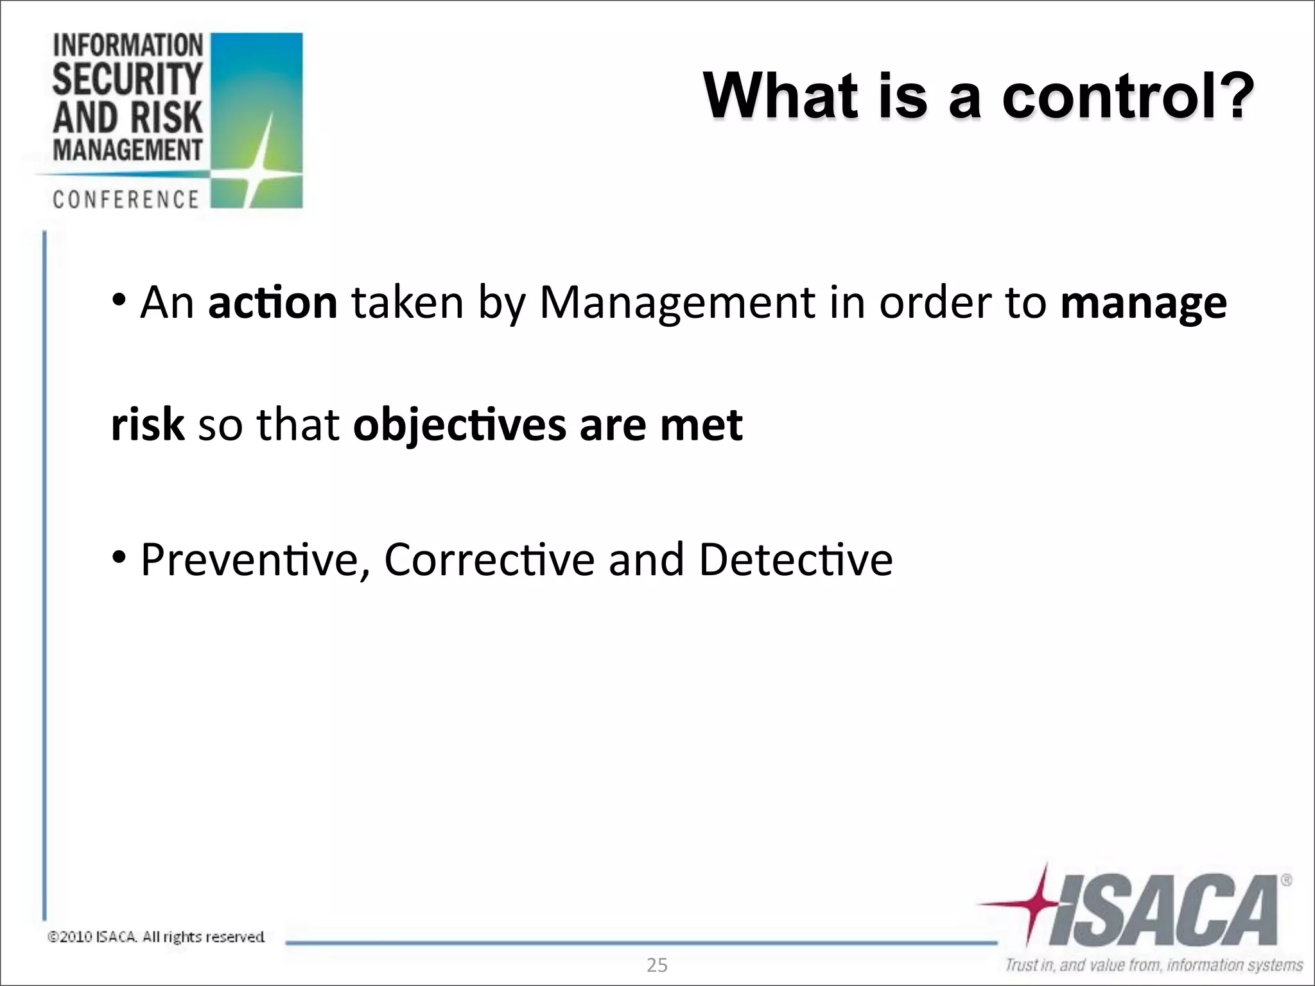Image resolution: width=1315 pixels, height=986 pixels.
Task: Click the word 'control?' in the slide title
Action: (x=1128, y=96)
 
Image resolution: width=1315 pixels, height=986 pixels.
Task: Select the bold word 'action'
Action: (x=273, y=302)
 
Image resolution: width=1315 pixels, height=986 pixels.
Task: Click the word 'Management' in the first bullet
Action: (x=677, y=302)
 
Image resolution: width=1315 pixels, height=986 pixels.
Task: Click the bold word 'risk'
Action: (x=148, y=424)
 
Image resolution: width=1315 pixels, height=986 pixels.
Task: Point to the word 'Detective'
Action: (x=796, y=560)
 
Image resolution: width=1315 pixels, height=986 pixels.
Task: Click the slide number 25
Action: (x=657, y=965)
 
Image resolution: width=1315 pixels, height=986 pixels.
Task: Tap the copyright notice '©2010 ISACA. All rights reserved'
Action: (x=157, y=937)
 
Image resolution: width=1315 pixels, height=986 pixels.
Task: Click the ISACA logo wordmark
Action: (x=1162, y=911)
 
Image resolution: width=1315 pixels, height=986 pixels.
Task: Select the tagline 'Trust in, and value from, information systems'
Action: (x=1154, y=965)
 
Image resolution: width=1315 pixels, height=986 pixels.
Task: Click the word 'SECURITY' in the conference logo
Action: (x=128, y=79)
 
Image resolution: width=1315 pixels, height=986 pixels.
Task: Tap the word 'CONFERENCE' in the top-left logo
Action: (x=126, y=200)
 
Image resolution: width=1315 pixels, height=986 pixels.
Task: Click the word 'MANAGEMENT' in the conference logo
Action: (x=128, y=151)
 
